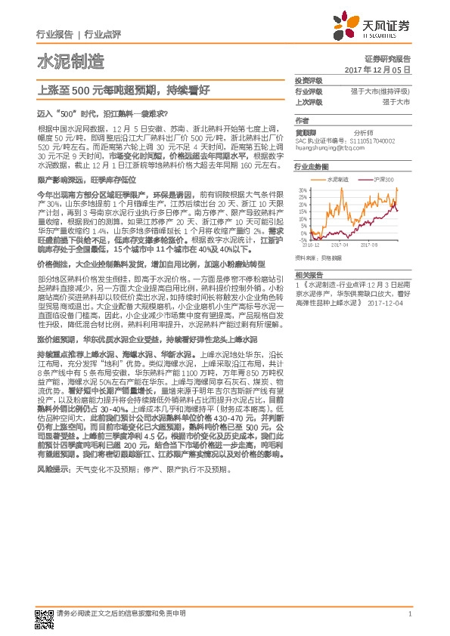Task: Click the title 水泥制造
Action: point(60,62)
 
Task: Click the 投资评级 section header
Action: point(309,80)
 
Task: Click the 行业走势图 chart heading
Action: point(312,166)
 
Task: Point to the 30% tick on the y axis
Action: point(302,190)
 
